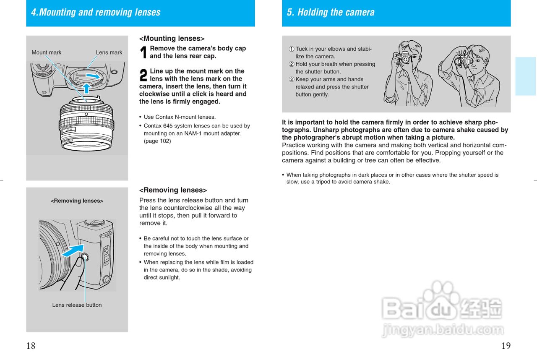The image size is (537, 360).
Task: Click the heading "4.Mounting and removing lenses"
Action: click(x=96, y=12)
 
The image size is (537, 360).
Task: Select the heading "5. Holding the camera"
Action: click(x=331, y=12)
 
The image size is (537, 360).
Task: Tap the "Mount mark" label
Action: click(x=46, y=52)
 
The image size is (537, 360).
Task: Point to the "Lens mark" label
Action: click(x=109, y=52)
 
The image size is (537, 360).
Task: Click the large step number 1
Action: click(x=143, y=52)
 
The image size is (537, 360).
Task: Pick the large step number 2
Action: click(x=143, y=75)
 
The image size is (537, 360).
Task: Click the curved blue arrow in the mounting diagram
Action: click(x=93, y=76)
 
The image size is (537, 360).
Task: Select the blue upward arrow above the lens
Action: click(x=86, y=88)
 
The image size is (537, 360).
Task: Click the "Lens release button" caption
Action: click(x=77, y=305)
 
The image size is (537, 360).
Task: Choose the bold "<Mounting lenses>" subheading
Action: click(x=172, y=39)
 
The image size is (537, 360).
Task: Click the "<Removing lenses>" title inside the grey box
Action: click(x=77, y=201)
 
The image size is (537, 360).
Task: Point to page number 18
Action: click(x=31, y=346)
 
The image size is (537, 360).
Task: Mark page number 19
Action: click(x=506, y=346)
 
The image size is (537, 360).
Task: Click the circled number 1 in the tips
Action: click(x=291, y=49)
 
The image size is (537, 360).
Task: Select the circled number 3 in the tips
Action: click(x=291, y=79)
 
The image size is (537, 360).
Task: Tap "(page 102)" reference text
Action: click(x=157, y=141)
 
